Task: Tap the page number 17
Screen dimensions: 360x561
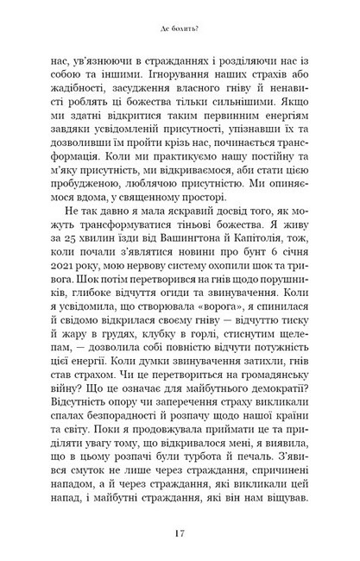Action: [x=180, y=534]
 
